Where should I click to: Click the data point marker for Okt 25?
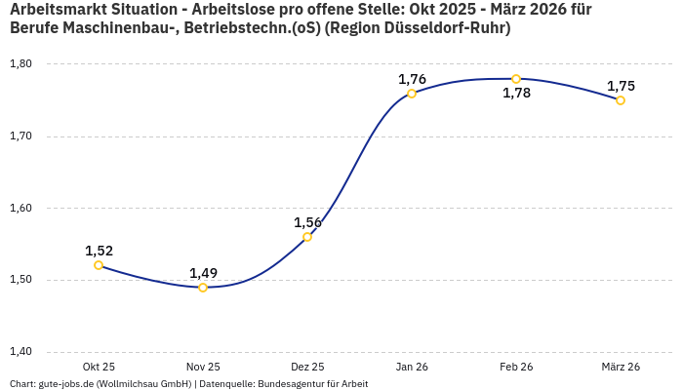tap(99, 265)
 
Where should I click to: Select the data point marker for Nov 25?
tap(203, 288)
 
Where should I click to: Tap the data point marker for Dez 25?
tap(307, 237)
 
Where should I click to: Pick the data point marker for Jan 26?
tap(412, 94)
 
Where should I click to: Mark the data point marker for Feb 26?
tap(516, 79)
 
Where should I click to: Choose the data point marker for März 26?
tap(621, 100)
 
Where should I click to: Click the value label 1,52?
tap(99, 251)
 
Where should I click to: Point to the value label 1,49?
tap(203, 273)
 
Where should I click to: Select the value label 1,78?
tap(516, 94)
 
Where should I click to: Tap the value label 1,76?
tap(412, 79)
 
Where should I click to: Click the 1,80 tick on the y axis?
tap(20, 64)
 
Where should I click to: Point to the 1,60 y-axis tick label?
tap(20, 208)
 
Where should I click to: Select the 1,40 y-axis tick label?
tap(20, 352)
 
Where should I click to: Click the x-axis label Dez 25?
tap(307, 367)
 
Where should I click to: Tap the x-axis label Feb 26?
tap(516, 367)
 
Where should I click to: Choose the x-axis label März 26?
tap(621, 367)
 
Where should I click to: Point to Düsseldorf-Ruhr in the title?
tap(443, 28)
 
